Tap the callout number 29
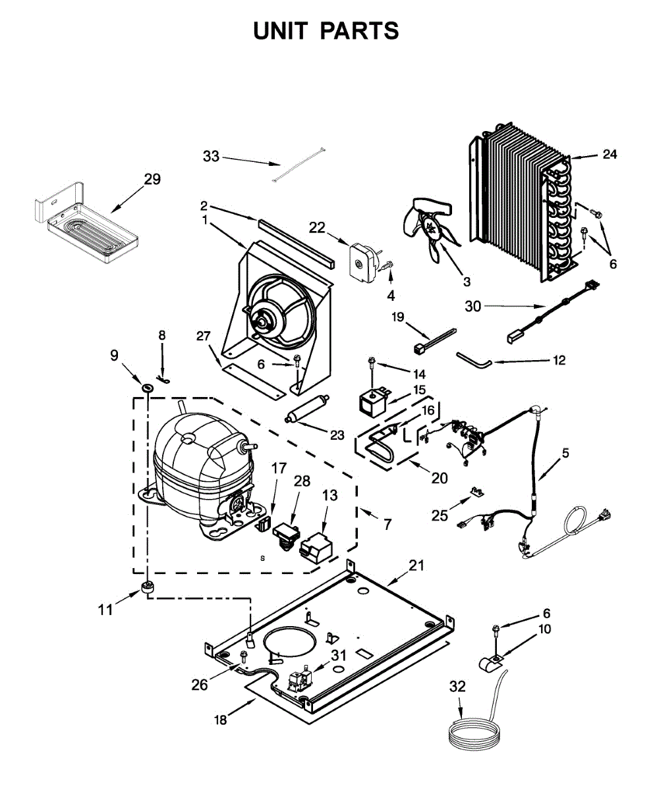152,179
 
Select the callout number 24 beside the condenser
610,155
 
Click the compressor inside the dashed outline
198,467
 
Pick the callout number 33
211,156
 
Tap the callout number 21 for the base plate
416,565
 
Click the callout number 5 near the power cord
565,453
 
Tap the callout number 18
221,720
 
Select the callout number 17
279,468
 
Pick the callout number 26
200,684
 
